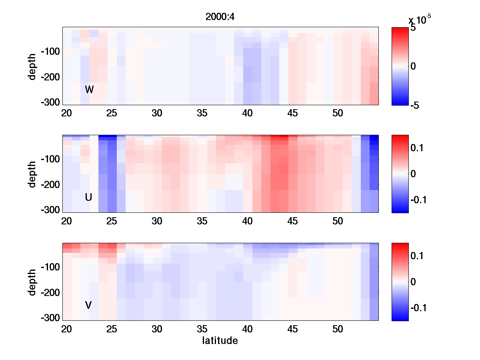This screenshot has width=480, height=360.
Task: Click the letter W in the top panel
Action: (89, 90)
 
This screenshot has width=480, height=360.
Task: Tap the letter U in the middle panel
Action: (88, 197)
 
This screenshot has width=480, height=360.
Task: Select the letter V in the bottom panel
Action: (88, 305)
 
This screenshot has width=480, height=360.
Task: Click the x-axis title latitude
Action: (220, 341)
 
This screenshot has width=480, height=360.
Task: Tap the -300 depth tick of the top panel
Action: (50, 102)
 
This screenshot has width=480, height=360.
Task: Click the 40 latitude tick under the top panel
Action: (248, 113)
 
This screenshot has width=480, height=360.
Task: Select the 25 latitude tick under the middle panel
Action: (112, 221)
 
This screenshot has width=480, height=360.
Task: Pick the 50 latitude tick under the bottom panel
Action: (338, 329)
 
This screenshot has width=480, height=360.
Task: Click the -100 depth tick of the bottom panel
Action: (50, 267)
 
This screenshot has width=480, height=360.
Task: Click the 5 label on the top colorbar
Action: (413, 29)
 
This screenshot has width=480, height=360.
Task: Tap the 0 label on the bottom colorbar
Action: (413, 282)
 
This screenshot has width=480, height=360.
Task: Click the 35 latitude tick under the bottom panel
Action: (202, 329)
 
